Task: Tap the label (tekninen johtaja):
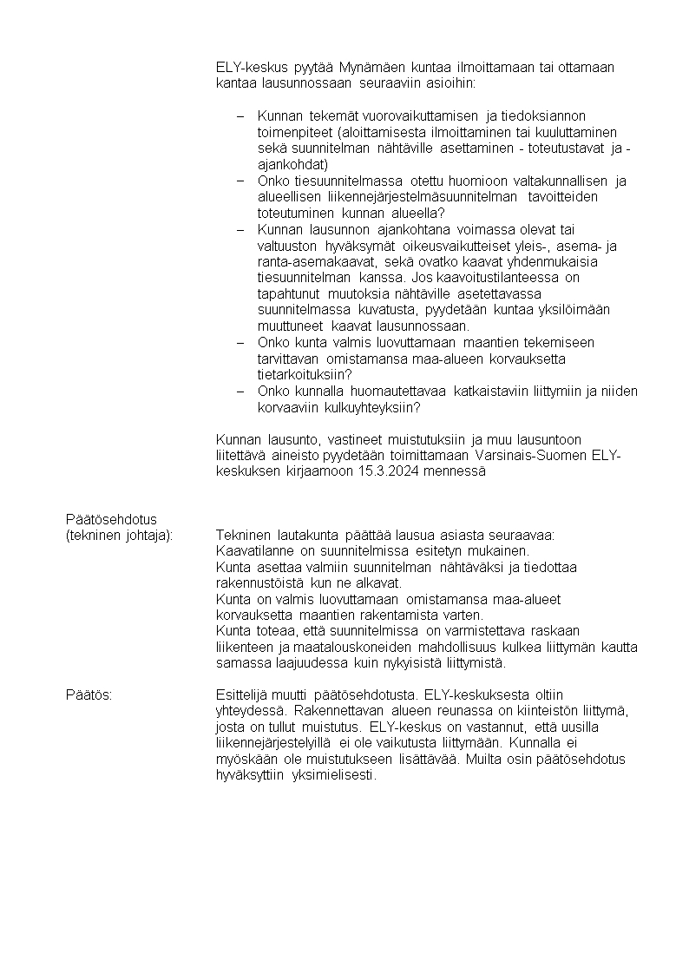click(120, 535)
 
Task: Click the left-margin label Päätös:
click(89, 694)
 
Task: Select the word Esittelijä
click(243, 694)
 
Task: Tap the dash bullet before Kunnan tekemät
click(240, 116)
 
